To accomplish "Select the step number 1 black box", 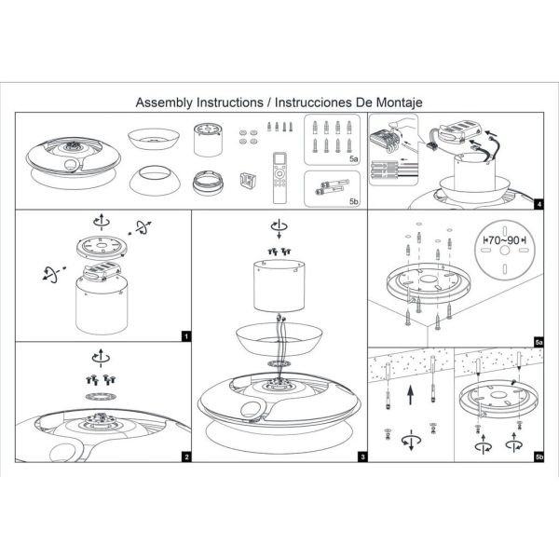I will pos(186,335).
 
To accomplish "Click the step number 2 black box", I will pos(186,457).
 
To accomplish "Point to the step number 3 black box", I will pos(362,457).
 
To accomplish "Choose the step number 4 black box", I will pos(539,202).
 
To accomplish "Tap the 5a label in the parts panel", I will pos(352,160).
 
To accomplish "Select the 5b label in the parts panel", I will pos(352,200).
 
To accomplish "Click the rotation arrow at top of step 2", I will pos(99,356).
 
